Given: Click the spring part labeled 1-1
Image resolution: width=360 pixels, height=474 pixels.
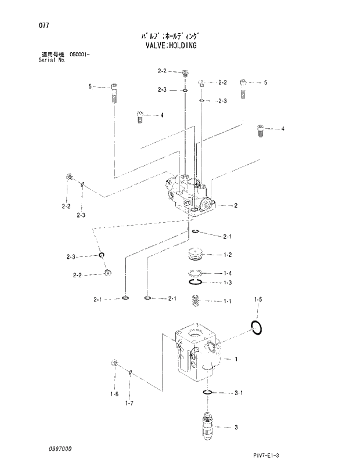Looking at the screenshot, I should (196, 301).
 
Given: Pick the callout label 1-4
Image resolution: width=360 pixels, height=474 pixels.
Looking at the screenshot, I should (227, 273).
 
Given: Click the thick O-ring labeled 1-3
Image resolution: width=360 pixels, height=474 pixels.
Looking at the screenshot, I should (195, 283).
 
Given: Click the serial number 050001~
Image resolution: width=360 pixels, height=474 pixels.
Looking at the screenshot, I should (82, 54).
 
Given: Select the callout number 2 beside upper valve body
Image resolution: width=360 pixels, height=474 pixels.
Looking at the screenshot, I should (236, 205).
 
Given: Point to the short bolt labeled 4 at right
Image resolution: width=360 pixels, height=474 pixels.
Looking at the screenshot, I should (261, 131).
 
